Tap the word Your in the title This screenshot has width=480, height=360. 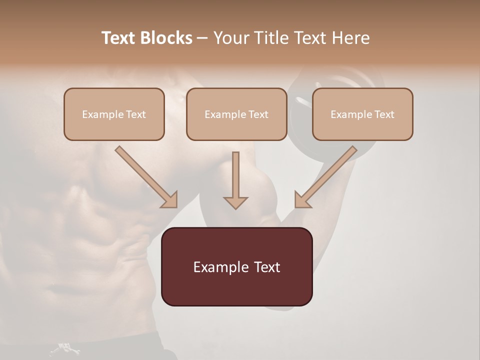coord(232,38)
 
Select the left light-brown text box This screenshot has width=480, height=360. coord(114,127)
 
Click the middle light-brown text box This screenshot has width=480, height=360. coord(236,127)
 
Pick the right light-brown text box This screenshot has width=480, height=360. coord(362,127)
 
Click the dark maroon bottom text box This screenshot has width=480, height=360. coord(236,287)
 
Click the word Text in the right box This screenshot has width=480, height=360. coord(384,114)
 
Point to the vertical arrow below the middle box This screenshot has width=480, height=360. coord(235,175)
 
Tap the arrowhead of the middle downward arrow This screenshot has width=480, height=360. coord(235,202)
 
